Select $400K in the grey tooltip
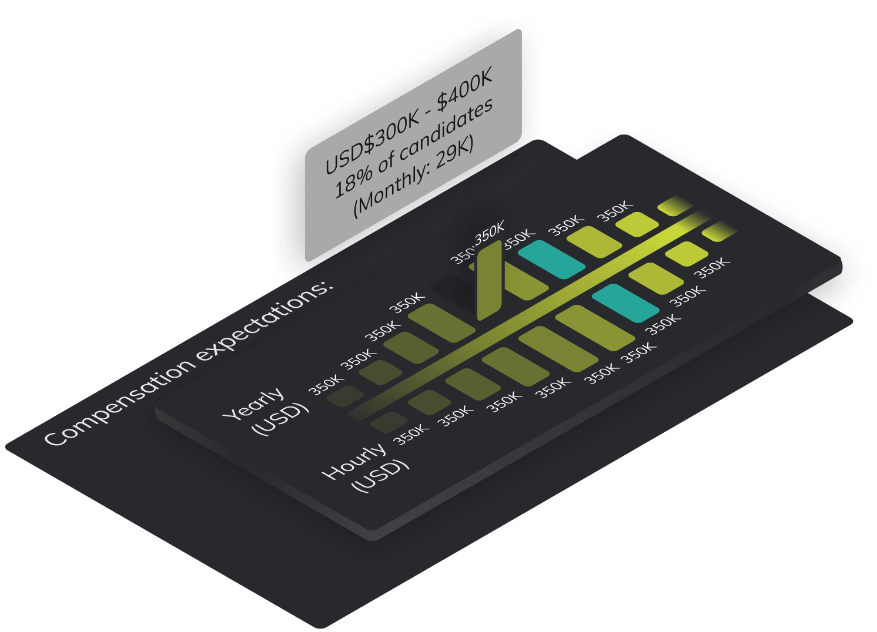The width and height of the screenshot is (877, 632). [464, 92]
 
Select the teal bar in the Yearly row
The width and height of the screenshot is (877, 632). [552, 259]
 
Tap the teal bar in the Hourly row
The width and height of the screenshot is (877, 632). [625, 302]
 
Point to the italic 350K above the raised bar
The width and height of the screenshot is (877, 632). [490, 233]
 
